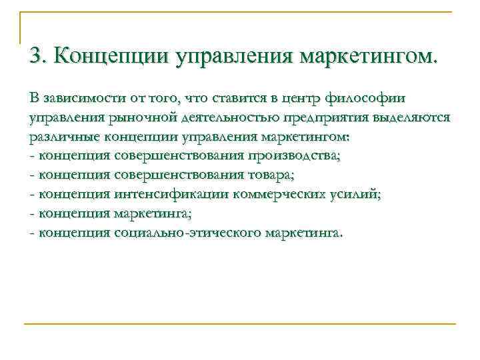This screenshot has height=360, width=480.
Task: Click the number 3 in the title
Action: click(35, 55)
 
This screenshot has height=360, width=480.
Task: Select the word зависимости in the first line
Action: click(82, 99)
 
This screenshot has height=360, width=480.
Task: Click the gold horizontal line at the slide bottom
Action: click(240, 324)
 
